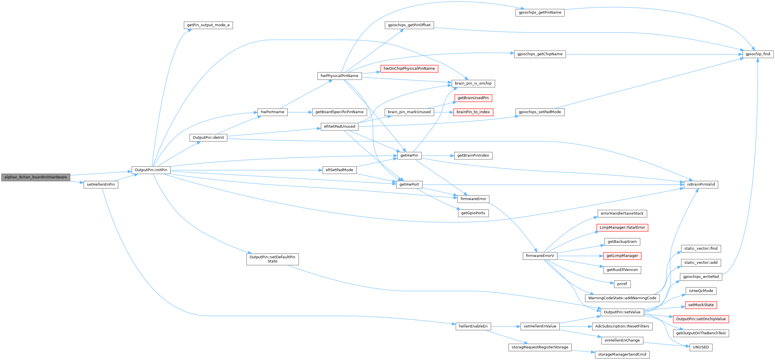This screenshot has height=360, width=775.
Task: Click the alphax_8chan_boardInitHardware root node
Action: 35,177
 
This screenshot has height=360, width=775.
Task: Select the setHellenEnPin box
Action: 101,184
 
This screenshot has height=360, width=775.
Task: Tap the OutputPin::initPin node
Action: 151,170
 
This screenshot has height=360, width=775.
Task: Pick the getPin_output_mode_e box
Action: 208,25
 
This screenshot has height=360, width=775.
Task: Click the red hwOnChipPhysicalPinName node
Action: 409,69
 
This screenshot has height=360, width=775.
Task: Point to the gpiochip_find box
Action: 758,54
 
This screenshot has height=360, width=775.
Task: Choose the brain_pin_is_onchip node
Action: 473,83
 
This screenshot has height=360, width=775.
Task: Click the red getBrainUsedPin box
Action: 473,98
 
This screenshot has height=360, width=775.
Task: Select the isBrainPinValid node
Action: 701,184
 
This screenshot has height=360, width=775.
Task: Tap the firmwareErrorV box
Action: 540,256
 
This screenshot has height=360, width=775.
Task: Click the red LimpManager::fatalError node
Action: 622,228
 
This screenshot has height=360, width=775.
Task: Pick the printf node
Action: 622,284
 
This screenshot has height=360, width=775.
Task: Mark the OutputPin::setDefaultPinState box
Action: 272,259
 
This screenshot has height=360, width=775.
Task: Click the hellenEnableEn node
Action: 473,326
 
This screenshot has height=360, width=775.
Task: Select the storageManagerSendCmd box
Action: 622,355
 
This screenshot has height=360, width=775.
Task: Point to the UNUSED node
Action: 701,347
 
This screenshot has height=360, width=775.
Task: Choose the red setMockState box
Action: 701,305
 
